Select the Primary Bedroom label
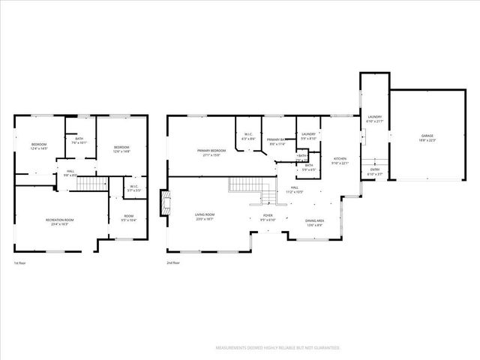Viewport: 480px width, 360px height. pos(212,153)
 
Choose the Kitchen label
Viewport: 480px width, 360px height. pos(340,160)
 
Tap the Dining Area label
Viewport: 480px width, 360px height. pos(313,222)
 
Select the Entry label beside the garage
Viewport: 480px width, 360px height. pos(375,171)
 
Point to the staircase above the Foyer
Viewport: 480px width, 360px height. pos(244,184)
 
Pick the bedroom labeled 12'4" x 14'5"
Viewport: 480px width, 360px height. pos(39,146)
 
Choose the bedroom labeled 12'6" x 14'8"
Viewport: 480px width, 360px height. pos(121,148)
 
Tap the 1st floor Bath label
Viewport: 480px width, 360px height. pos(79,140)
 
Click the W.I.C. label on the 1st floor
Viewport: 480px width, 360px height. pos(134,188)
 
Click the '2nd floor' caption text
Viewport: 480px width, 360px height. pos(174,263)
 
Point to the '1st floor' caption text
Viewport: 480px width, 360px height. pos(19,263)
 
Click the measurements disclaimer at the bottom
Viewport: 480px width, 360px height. pos(277,348)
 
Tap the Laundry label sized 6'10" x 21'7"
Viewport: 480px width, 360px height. pos(373,120)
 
